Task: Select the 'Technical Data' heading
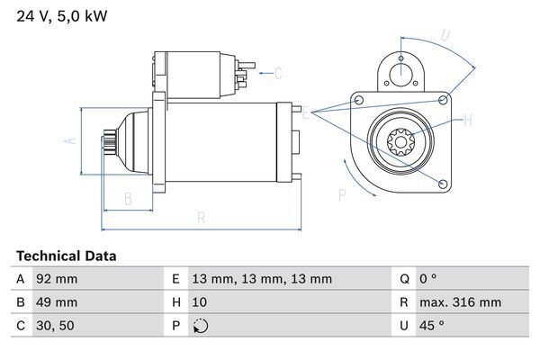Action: click(x=66, y=256)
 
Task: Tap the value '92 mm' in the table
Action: click(x=56, y=280)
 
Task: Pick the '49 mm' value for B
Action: click(x=56, y=303)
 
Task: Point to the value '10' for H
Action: click(x=199, y=303)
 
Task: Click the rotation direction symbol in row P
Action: click(x=200, y=327)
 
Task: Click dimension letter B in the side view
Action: click(x=128, y=198)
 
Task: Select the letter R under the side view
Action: click(x=200, y=218)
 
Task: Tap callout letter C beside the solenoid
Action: click(x=278, y=73)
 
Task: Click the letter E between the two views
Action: click(x=306, y=113)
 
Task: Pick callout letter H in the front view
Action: click(x=468, y=118)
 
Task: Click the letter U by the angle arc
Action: click(x=445, y=36)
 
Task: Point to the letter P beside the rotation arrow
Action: click(x=341, y=194)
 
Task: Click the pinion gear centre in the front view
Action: click(x=398, y=141)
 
